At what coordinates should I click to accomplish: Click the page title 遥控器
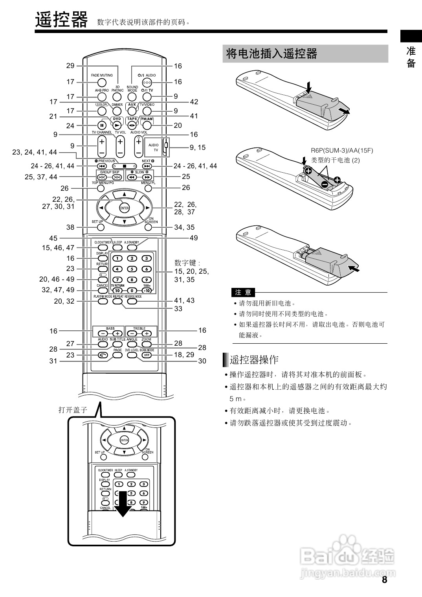(61, 20)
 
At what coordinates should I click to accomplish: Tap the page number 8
(384, 580)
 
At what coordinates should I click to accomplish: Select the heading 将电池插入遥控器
(272, 53)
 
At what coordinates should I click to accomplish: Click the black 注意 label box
(243, 292)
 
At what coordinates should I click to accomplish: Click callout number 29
(70, 66)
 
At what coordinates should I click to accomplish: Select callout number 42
(194, 102)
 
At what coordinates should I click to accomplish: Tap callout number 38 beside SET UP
(70, 227)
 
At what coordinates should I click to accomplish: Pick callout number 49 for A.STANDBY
(194, 238)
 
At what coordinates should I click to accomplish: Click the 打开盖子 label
(73, 410)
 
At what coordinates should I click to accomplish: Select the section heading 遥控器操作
(254, 359)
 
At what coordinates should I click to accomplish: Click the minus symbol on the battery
(325, 184)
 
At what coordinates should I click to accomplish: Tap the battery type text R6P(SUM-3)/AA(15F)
(342, 150)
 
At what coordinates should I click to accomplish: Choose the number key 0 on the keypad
(132, 290)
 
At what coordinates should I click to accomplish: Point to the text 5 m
(236, 399)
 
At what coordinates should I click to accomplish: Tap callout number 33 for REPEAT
(178, 309)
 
